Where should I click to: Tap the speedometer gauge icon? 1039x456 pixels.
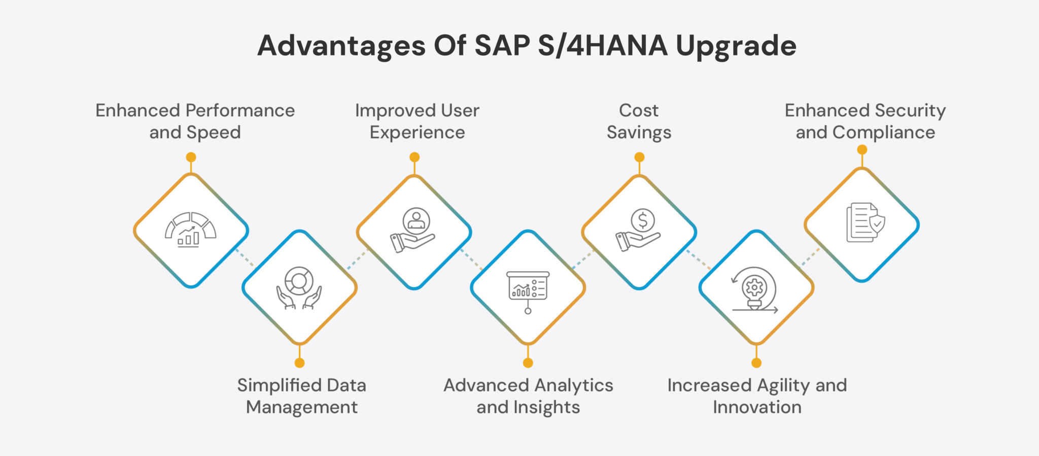click(x=190, y=230)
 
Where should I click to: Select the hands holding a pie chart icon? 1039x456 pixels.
click(x=299, y=288)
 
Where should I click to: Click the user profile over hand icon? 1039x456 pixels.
click(x=414, y=231)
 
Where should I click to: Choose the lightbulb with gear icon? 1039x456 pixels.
click(x=755, y=289)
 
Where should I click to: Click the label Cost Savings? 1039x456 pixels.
click(x=639, y=121)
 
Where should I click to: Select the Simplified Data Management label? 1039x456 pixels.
click(x=301, y=396)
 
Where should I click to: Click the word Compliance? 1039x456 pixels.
click(x=883, y=133)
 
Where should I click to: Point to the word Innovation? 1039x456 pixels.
click(x=757, y=407)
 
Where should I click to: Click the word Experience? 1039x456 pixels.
click(x=417, y=133)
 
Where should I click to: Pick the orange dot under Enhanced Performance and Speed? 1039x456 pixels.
click(x=191, y=157)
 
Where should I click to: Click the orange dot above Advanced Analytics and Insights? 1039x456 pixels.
click(x=528, y=363)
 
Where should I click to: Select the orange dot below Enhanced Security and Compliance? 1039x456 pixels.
click(x=862, y=150)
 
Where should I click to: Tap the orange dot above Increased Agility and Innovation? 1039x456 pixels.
click(x=756, y=363)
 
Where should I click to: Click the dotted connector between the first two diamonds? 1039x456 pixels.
click(x=245, y=258)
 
